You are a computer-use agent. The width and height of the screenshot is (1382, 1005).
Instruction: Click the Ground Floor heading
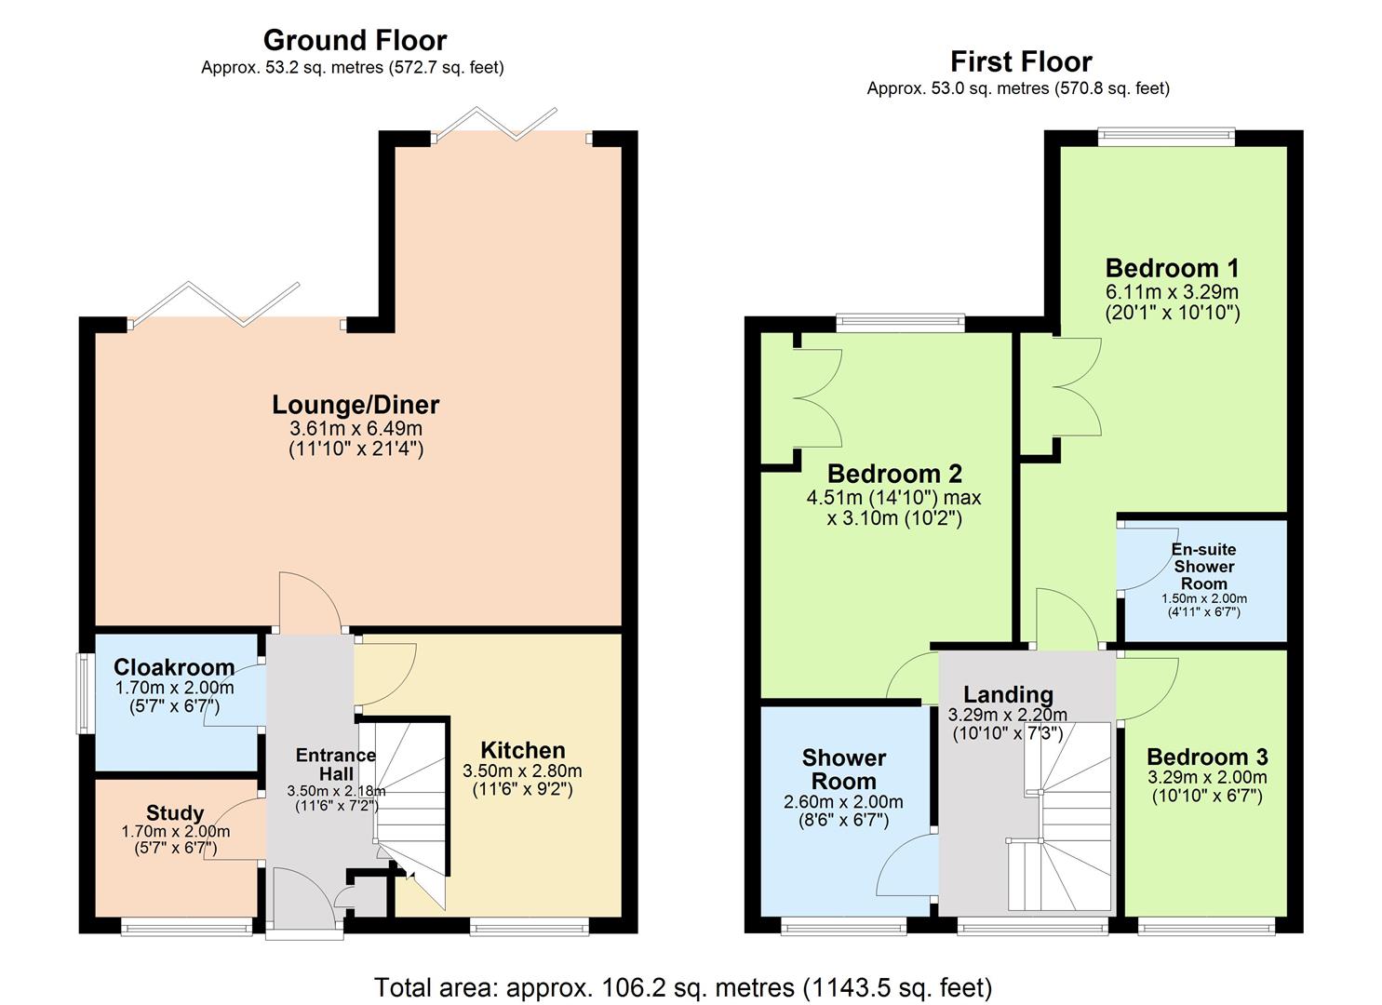pos(355,40)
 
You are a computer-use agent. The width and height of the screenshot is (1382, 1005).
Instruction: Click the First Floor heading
pos(1020,61)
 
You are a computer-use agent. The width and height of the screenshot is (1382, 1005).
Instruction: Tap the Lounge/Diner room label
pos(356,405)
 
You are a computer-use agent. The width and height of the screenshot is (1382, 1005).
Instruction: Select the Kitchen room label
pos(522,750)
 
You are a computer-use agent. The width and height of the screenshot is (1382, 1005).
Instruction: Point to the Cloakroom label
pos(174,667)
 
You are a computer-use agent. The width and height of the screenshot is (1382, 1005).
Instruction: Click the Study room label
pos(175,812)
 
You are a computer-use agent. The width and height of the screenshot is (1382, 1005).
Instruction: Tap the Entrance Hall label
pos(335,764)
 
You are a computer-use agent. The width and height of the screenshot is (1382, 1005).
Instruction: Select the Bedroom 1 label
pos(1172,268)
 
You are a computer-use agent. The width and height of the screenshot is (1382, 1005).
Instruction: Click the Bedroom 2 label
pos(893,474)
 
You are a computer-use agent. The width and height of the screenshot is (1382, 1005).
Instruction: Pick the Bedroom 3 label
pos(1206,757)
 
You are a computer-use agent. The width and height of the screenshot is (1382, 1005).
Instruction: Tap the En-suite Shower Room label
pos(1203,566)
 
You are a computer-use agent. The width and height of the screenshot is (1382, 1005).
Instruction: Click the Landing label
pos(1007,694)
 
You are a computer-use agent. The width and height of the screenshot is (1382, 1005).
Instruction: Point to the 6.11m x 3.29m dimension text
pos(1172,291)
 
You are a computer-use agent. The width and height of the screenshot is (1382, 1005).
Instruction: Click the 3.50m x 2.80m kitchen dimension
pos(522,770)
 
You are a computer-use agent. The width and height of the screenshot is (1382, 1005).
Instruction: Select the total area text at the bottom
pos(682,986)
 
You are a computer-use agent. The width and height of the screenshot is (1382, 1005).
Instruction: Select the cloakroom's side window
pos(84,693)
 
